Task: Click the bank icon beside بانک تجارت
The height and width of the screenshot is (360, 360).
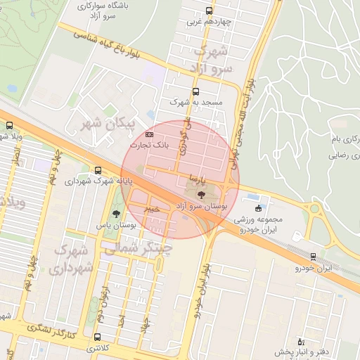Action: tap(149, 134)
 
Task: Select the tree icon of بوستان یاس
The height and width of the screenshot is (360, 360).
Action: tap(115, 214)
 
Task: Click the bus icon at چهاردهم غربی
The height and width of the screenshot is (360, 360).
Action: tap(209, 11)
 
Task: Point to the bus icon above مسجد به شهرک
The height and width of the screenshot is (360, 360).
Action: tap(195, 91)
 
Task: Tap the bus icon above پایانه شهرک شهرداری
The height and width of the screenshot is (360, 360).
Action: tap(97, 170)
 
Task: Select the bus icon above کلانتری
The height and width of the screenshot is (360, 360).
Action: tap(97, 337)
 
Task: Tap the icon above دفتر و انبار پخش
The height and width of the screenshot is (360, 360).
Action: tap(300, 340)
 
